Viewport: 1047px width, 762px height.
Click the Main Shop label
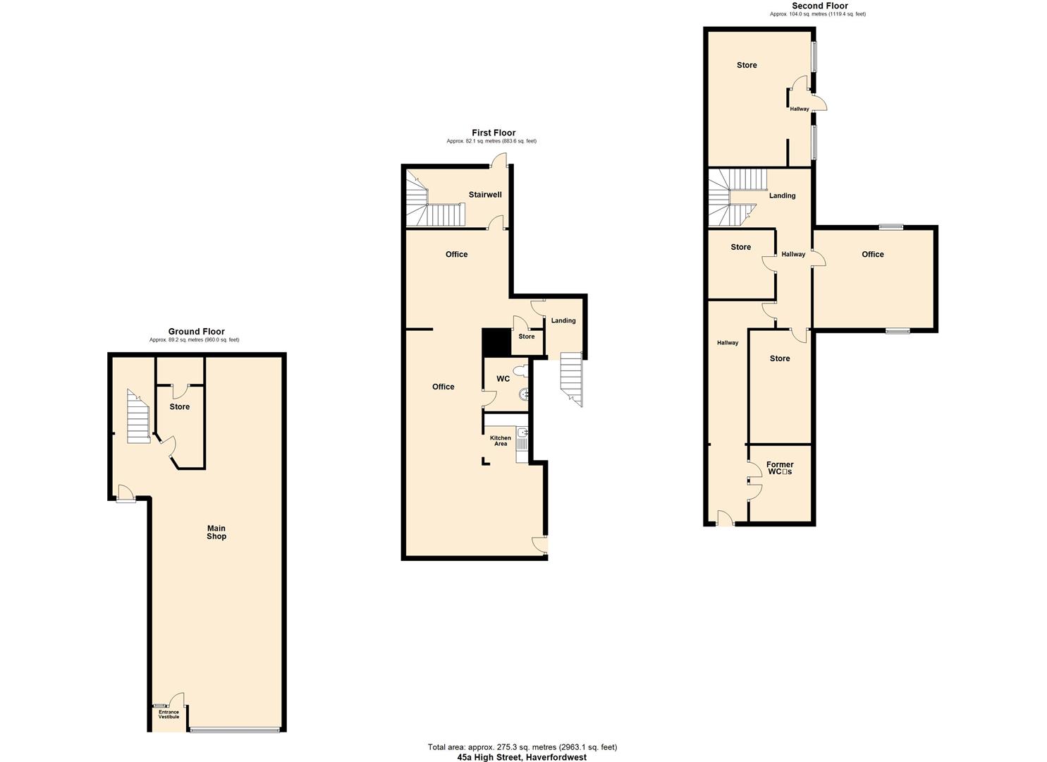click(216, 532)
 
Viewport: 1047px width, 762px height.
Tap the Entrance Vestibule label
click(169, 714)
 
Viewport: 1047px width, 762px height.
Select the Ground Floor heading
click(196, 331)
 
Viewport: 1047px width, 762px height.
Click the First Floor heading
click(494, 133)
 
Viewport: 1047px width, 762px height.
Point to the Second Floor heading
click(820, 6)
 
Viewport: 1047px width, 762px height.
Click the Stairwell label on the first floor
click(485, 195)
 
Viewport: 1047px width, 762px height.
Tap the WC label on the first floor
click(503, 378)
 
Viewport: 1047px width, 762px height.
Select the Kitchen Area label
click(500, 441)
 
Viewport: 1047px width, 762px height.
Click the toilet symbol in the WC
click(520, 371)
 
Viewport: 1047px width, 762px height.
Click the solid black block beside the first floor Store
click(496, 342)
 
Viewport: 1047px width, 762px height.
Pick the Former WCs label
click(780, 468)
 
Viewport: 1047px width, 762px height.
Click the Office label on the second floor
click(873, 254)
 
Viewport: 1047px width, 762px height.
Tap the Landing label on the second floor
click(782, 195)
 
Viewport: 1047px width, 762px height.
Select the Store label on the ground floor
click(180, 406)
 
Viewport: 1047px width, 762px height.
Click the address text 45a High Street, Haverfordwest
click(522, 757)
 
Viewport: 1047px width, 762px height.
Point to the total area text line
click(522, 747)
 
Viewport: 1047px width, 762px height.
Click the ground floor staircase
click(138, 416)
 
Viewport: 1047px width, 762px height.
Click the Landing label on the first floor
click(563, 320)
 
